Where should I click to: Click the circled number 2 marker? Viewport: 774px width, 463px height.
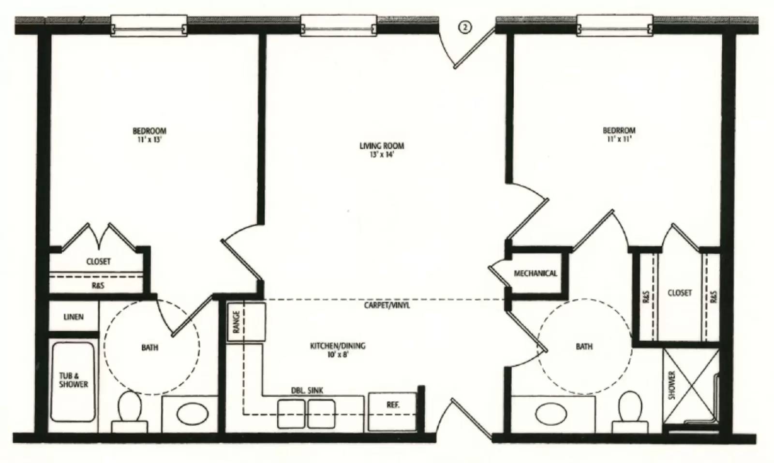point(464,28)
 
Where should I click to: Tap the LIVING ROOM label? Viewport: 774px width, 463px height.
point(381,145)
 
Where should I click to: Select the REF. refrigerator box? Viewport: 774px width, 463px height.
point(392,405)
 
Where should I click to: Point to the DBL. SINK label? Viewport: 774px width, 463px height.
point(307,391)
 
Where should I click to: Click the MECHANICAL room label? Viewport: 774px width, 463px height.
point(535,274)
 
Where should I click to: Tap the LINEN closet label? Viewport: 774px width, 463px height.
point(74,317)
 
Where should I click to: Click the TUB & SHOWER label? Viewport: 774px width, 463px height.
point(74,380)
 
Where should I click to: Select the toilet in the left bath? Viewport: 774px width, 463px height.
point(129,408)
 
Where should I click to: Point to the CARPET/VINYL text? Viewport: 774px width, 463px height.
point(387,305)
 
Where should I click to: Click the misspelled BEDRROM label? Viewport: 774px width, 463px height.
point(619,130)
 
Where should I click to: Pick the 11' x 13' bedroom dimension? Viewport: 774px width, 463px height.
point(149,140)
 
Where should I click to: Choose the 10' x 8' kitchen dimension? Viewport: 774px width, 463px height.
point(338,354)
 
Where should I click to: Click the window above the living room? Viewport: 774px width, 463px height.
point(338,25)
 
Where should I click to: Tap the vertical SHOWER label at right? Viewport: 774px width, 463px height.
point(671,385)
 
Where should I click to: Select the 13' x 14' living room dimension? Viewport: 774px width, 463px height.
point(381,155)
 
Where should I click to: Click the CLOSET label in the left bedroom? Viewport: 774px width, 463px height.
point(98,261)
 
